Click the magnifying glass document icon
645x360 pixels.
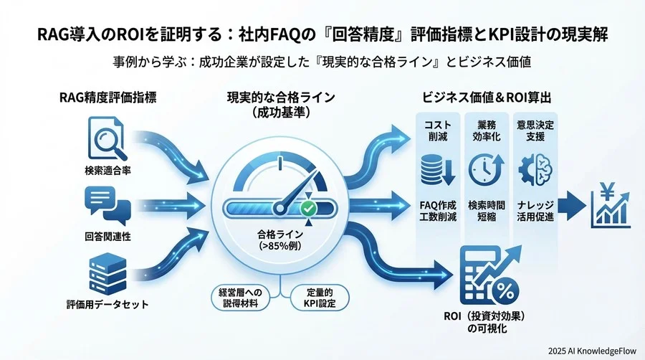[105, 140]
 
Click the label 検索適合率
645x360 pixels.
[107, 171]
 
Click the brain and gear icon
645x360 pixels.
[534, 171]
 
